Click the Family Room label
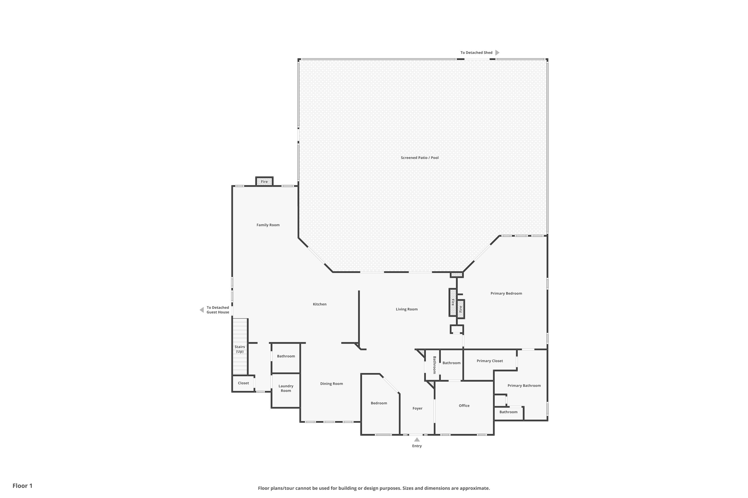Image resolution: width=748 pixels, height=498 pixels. pyautogui.click(x=268, y=225)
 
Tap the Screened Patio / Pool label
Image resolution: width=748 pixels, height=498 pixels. pyautogui.click(x=419, y=158)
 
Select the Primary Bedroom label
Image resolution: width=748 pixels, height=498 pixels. pyautogui.click(x=506, y=293)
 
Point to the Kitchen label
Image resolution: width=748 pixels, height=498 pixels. pyautogui.click(x=319, y=304)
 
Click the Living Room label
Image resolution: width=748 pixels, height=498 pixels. pyautogui.click(x=406, y=309)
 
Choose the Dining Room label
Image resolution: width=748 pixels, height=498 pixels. pyautogui.click(x=331, y=384)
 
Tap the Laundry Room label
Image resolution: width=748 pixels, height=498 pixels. pyautogui.click(x=285, y=388)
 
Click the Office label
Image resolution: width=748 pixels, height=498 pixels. pyautogui.click(x=464, y=406)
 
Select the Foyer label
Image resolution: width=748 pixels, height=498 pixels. pyautogui.click(x=417, y=408)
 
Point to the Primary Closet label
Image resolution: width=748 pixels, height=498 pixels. pyautogui.click(x=489, y=361)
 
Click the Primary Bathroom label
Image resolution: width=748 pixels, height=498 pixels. pyautogui.click(x=524, y=385)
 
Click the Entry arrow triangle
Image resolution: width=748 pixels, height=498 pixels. pyautogui.click(x=417, y=439)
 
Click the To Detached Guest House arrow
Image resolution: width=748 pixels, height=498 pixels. pyautogui.click(x=202, y=310)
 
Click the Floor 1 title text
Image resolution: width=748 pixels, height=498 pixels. pyautogui.click(x=22, y=486)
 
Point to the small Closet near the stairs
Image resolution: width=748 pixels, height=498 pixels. pyautogui.click(x=243, y=383)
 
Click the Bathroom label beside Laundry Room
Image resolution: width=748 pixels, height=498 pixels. pyautogui.click(x=285, y=356)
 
